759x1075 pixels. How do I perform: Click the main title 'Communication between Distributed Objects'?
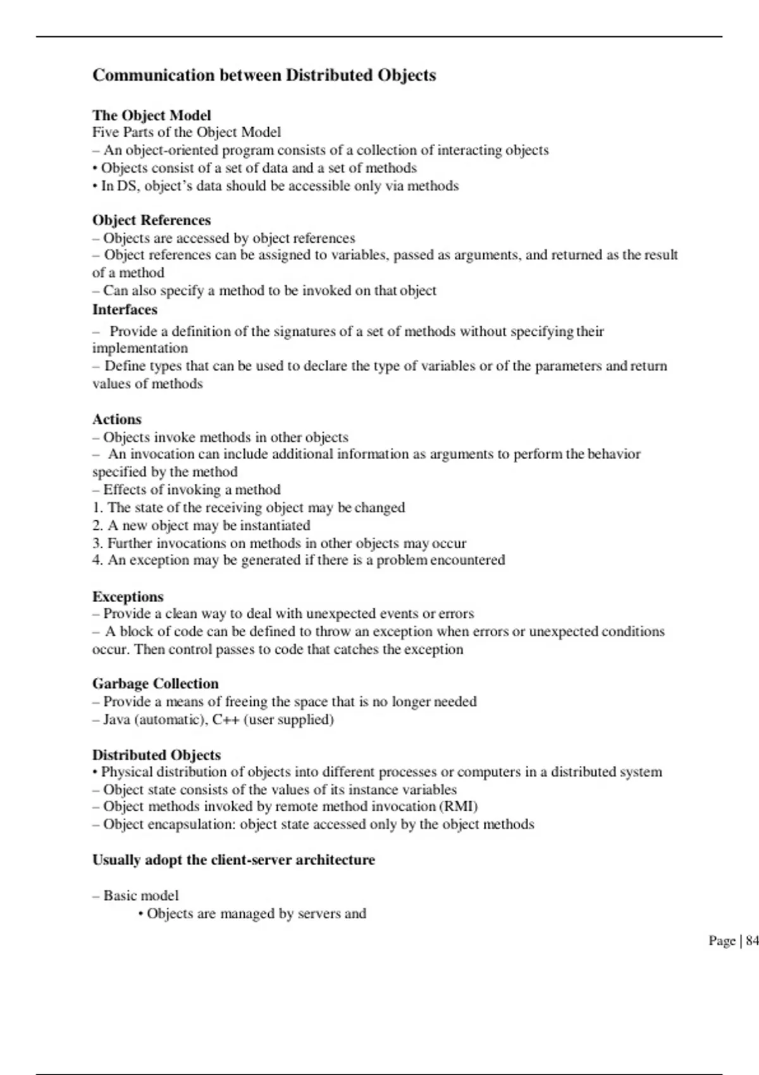pyautogui.click(x=264, y=75)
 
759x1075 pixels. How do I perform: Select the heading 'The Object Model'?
pyautogui.click(x=152, y=115)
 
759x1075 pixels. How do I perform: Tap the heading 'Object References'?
pyautogui.click(x=152, y=220)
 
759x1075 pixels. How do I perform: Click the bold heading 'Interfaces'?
pyautogui.click(x=125, y=310)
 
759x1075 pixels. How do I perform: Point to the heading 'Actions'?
pyautogui.click(x=117, y=419)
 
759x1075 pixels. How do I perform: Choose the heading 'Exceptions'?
pyautogui.click(x=128, y=597)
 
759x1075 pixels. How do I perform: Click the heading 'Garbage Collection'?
pyautogui.click(x=156, y=684)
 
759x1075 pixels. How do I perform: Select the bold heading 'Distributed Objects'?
pyautogui.click(x=156, y=755)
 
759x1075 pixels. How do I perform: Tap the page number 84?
pyautogui.click(x=752, y=941)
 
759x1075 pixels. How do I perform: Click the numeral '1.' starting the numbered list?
pyautogui.click(x=98, y=508)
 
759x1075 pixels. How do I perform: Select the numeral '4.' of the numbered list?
pyautogui.click(x=98, y=560)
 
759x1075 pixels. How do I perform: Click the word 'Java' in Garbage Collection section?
pyautogui.click(x=117, y=720)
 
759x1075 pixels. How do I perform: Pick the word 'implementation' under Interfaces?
pyautogui.click(x=140, y=348)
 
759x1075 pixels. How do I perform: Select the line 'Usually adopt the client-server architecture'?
pyautogui.click(x=233, y=860)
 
